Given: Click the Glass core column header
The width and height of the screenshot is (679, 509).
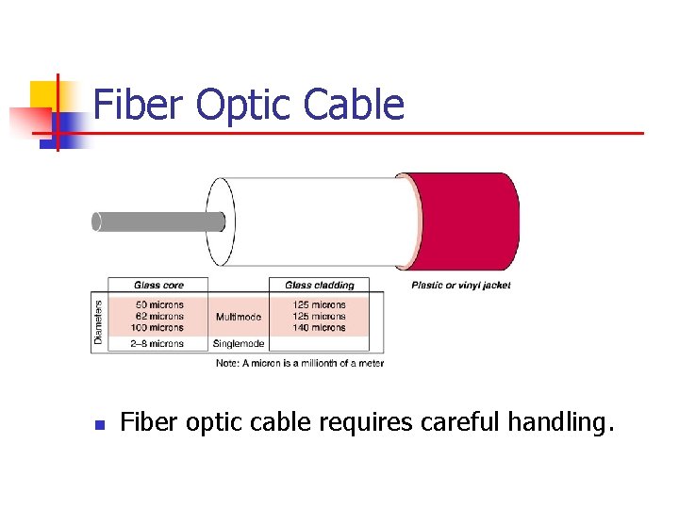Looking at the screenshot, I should click(158, 285).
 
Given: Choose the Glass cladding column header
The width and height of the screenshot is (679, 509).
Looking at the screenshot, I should click(320, 285).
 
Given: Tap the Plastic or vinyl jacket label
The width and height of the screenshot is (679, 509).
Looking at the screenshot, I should click(461, 285).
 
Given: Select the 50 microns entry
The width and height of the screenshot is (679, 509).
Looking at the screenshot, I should click(159, 304).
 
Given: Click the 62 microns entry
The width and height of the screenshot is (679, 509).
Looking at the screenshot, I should click(159, 316).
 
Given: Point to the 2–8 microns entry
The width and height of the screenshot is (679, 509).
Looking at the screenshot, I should click(157, 344).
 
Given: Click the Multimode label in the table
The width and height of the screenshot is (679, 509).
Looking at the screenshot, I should click(239, 317).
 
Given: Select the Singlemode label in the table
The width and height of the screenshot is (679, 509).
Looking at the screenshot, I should click(239, 344).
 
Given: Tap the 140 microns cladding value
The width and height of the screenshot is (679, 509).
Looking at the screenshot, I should click(319, 327).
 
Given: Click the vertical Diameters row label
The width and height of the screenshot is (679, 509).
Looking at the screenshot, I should click(98, 321).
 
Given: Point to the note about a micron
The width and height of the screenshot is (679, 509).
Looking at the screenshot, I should click(300, 363).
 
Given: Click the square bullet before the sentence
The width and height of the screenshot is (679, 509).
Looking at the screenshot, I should click(98, 425).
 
